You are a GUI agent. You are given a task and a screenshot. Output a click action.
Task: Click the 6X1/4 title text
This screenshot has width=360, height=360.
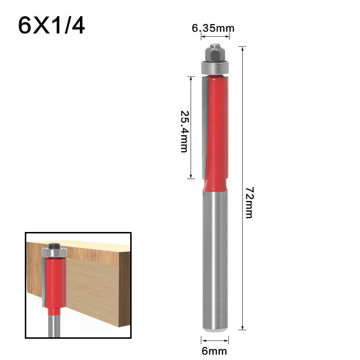click(x=51, y=24)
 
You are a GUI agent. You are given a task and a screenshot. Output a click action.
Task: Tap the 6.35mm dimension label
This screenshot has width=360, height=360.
click(x=213, y=28)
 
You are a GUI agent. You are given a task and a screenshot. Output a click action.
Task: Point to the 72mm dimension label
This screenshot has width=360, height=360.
click(x=249, y=202)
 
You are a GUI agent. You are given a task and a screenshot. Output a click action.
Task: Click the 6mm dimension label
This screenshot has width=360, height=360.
click(x=214, y=350)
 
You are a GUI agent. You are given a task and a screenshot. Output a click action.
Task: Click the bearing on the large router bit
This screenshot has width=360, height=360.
click(x=215, y=67)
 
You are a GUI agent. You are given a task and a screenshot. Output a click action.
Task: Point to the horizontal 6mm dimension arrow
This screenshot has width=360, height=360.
click(x=215, y=340)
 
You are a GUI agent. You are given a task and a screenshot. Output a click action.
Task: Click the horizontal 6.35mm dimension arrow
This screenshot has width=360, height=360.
click(x=215, y=36)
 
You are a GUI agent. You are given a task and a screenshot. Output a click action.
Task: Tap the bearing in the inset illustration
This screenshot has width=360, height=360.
click(x=54, y=252)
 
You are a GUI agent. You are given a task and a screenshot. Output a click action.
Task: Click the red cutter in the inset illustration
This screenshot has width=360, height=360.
click(x=55, y=284)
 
